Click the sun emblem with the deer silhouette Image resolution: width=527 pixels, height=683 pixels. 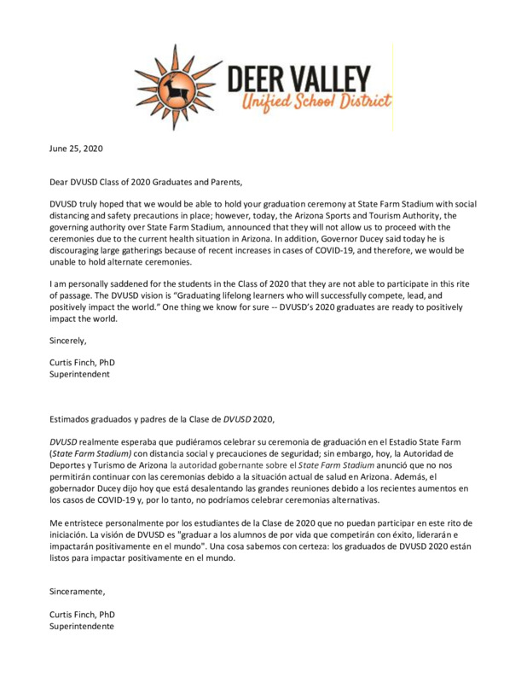[177, 84]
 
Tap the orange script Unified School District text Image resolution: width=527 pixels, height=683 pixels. [318, 103]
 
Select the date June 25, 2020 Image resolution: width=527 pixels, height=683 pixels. [74, 149]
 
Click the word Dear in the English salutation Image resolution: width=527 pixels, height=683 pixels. [58, 181]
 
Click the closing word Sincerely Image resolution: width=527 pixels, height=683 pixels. [67, 340]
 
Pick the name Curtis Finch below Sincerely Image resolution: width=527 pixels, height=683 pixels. [72, 362]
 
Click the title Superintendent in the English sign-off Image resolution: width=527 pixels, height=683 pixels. [78, 373]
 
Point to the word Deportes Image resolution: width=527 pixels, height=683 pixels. [67, 464]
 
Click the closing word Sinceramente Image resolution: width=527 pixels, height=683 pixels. [77, 590]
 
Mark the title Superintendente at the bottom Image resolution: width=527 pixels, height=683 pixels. [81, 626]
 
